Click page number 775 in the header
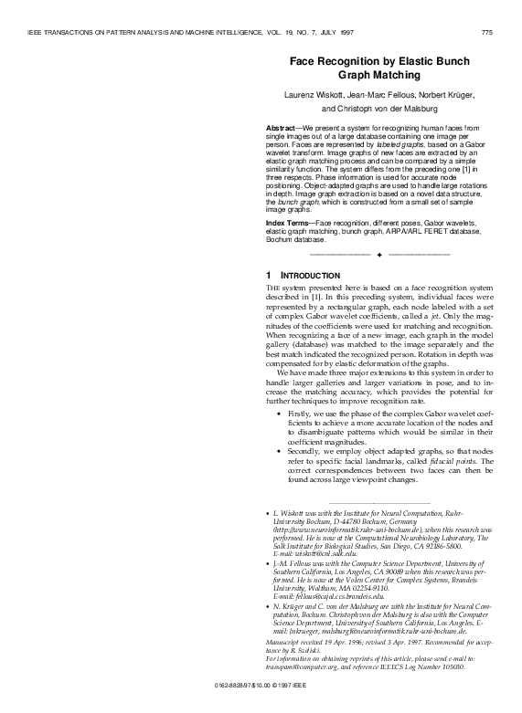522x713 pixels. click(486, 33)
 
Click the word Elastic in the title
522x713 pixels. click(424, 60)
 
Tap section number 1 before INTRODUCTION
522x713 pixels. click(268, 276)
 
